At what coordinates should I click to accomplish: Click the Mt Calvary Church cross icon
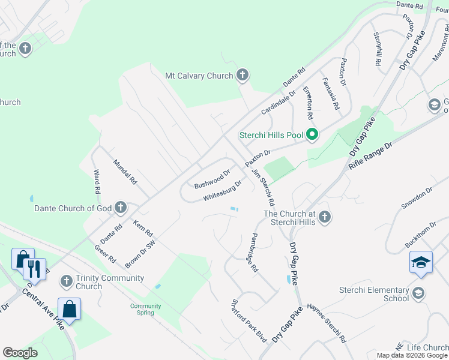(x=242, y=76)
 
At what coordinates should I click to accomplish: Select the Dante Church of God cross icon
(x=121, y=208)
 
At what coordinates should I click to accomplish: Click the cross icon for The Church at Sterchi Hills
(x=325, y=216)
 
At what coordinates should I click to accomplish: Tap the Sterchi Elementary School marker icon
(x=418, y=293)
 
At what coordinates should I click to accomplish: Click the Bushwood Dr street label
(x=212, y=179)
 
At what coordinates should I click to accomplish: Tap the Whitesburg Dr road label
(x=222, y=190)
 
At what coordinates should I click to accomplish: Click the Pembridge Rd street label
(x=255, y=253)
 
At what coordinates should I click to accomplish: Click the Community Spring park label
(x=146, y=310)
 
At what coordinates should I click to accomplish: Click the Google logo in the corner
(x=20, y=353)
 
